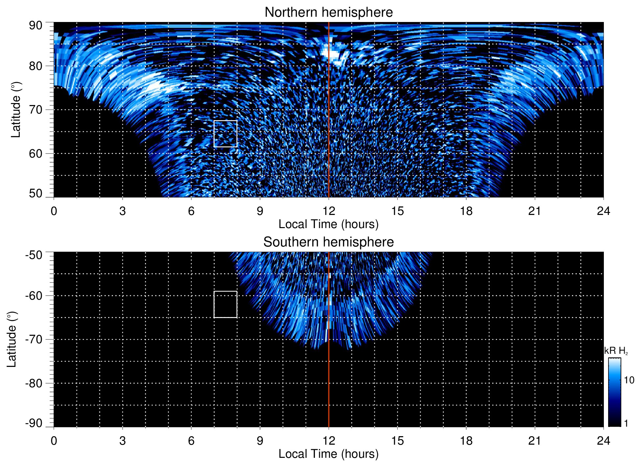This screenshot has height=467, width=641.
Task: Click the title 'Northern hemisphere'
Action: (x=328, y=12)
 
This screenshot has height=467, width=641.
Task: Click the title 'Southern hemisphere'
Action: (x=328, y=242)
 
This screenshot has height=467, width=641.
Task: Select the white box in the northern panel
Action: (x=225, y=134)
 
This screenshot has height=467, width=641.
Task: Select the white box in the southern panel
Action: (x=225, y=304)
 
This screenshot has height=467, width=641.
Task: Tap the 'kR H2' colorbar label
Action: (x=616, y=351)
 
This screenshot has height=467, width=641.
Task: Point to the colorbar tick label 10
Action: (x=629, y=380)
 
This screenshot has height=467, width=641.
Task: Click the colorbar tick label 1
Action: (x=626, y=423)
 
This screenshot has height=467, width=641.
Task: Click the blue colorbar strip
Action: (x=614, y=392)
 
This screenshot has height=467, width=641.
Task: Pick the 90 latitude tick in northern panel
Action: (x=36, y=26)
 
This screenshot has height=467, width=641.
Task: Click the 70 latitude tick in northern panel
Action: (x=36, y=110)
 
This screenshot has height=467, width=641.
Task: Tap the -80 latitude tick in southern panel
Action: (x=34, y=383)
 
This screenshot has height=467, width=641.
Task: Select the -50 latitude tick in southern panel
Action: (x=34, y=255)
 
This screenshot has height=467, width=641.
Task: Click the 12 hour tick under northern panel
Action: (x=328, y=211)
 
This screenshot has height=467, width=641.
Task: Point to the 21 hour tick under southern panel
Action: (x=534, y=440)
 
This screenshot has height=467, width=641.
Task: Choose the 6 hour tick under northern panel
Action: (x=191, y=211)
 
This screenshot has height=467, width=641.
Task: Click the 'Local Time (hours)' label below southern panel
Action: (x=328, y=454)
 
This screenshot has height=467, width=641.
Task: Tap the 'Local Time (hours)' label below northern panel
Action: (x=328, y=224)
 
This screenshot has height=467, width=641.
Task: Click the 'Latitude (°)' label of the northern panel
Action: (x=15, y=110)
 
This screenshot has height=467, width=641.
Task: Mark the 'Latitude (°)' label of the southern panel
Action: (x=12, y=339)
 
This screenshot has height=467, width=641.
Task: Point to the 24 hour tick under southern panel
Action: (x=603, y=440)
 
